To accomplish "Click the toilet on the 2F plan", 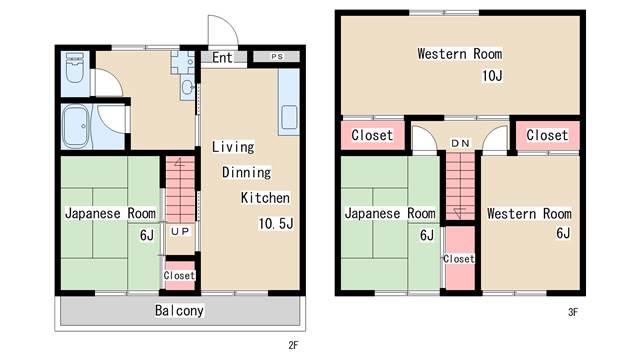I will (x=74, y=72).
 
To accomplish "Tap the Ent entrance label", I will (x=222, y=58).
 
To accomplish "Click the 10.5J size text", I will (x=275, y=222).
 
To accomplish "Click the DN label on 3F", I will (x=459, y=143).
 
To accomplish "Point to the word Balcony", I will (x=180, y=310).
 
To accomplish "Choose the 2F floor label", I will (x=293, y=346).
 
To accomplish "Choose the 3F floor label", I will (x=573, y=312).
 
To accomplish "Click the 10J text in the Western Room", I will (x=491, y=75).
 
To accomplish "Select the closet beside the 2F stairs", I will (x=180, y=275).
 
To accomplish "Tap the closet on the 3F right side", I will (x=546, y=135).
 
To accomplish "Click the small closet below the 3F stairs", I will (x=459, y=259).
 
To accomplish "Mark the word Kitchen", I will (x=265, y=198).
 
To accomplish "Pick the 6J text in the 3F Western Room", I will (x=562, y=234).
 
